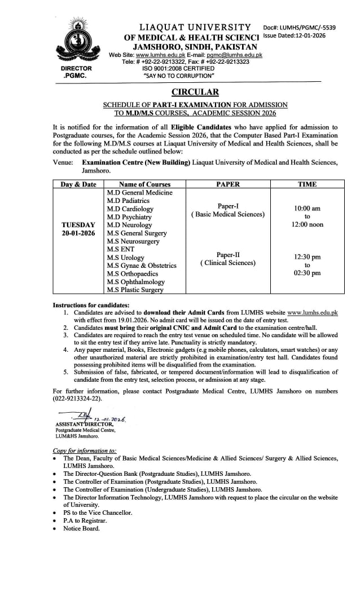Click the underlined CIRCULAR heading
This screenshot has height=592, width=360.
pos(195,92)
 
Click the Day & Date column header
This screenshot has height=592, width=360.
pos(78,184)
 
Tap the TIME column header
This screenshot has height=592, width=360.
pos(307,184)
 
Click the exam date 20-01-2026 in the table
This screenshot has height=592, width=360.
pos(78,233)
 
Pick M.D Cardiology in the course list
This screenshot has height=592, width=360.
pos(130,209)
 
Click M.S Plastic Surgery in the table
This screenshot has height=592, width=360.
pos(135,290)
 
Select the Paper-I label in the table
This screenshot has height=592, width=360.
pos(228,206)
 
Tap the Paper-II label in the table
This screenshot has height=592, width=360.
pos(228,254)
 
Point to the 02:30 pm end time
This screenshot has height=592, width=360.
pos(307,273)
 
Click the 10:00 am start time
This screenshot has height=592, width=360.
pos(307,209)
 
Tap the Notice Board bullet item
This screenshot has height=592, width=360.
pos(81,528)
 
